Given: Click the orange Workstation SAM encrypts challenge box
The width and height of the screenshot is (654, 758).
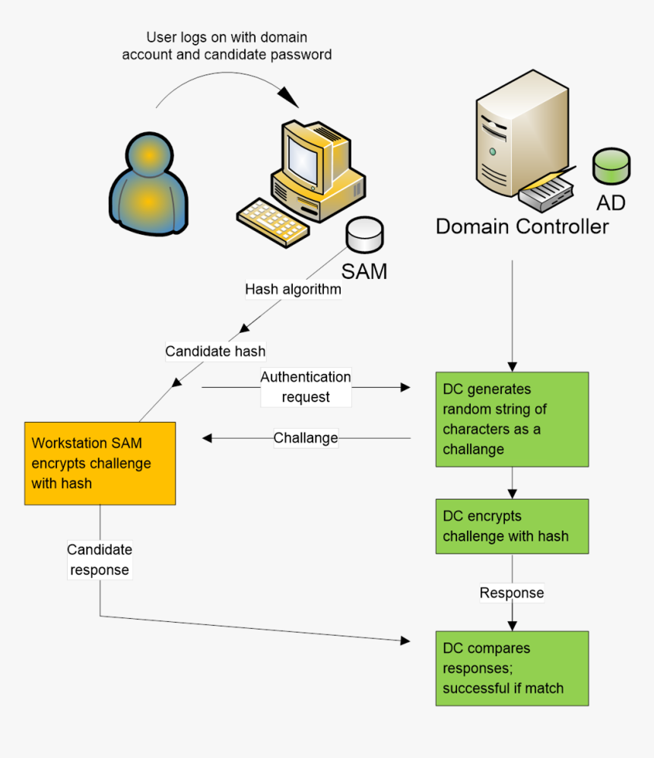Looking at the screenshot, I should coord(100,463).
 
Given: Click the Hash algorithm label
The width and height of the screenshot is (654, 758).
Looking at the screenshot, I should coord(293,290).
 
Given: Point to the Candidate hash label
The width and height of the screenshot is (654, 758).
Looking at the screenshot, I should coord(215,351).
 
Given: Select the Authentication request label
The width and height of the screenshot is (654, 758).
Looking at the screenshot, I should coord(306,387).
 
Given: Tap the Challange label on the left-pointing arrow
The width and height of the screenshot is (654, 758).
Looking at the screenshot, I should coord(306,438).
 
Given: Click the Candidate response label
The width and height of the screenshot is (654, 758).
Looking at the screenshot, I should coord(100,560).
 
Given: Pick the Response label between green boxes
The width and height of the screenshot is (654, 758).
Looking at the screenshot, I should coord(512,593).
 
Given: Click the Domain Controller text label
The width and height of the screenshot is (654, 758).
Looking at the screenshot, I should coord(522,227).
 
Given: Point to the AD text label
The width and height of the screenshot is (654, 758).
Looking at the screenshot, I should coord(611,203).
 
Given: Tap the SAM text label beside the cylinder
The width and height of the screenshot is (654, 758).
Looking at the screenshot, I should coord(364,271).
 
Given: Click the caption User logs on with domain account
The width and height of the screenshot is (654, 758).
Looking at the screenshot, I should coord(227,46).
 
